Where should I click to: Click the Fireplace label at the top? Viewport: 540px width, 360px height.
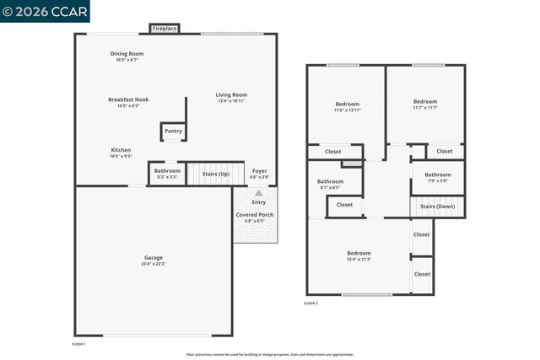point(165,29)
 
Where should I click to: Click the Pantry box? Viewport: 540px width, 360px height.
point(173,132)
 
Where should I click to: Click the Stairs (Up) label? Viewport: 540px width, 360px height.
point(216,174)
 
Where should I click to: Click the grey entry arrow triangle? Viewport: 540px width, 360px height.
point(259,193)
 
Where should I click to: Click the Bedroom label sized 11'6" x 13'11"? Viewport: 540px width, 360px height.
point(347,106)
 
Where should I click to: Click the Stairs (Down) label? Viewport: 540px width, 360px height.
point(437,206)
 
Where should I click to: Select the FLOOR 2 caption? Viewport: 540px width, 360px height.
point(311,303)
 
